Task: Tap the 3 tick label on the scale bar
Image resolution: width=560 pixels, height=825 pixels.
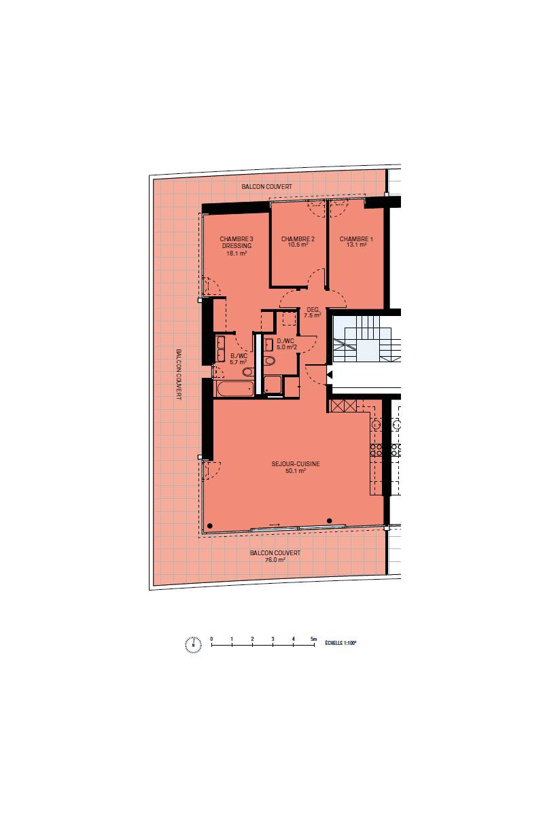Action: [x=273, y=639]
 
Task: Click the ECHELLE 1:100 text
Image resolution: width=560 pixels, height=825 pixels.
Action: [x=340, y=643]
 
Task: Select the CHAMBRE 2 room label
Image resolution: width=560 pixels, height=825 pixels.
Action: [x=298, y=239]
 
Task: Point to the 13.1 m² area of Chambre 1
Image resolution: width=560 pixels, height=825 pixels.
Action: [x=356, y=244]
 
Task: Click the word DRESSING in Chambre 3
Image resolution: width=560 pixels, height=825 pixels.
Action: [x=237, y=245]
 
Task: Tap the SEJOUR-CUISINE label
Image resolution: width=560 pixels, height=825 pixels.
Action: [x=296, y=463]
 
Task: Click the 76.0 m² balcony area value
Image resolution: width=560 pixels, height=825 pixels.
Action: [x=275, y=559]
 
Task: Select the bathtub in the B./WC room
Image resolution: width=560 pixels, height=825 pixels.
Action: [x=235, y=389]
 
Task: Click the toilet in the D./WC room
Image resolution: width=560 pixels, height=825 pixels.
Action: [x=270, y=361]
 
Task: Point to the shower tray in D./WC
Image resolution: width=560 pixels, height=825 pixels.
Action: [x=273, y=385]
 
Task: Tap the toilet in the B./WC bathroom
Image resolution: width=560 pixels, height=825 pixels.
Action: [x=247, y=372]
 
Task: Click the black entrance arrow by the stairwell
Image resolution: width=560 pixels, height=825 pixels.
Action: [x=330, y=374]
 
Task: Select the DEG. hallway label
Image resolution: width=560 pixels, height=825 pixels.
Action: [x=313, y=309]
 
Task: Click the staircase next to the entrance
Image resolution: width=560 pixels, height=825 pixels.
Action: [x=366, y=339]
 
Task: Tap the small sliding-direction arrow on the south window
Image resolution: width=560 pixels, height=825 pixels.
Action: [x=275, y=525]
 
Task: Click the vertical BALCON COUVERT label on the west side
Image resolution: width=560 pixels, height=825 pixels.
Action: [x=179, y=374]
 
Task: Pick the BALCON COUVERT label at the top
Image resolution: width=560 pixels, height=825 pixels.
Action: [x=266, y=187]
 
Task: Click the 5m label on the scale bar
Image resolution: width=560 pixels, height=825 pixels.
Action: [x=313, y=639]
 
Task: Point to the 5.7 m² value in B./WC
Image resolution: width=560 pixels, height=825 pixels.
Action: [x=238, y=362]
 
